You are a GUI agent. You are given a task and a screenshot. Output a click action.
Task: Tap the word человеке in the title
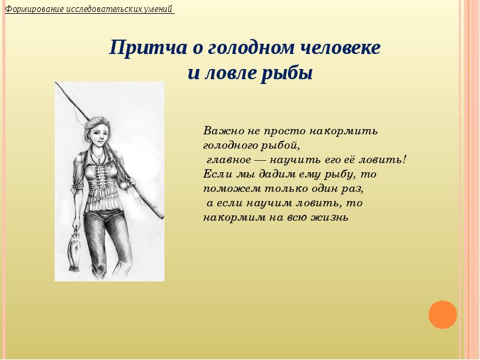(x=339, y=49)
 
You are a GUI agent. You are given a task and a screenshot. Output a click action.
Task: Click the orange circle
(x=443, y=314)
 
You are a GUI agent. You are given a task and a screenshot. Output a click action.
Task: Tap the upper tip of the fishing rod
(x=56, y=84)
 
